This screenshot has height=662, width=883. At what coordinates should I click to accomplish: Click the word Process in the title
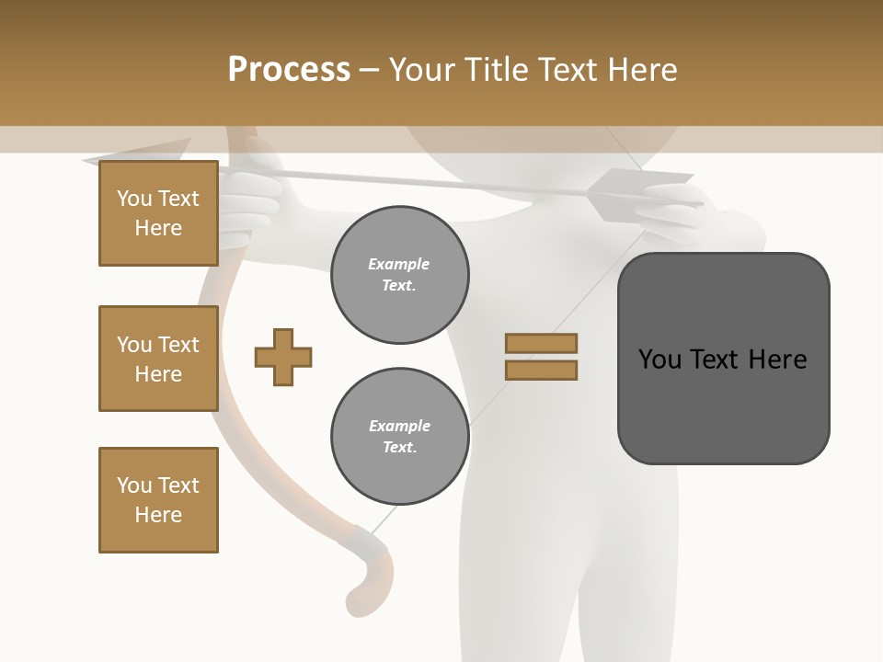pos(289,70)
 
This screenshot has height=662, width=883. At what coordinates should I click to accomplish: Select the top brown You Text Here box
pos(158,213)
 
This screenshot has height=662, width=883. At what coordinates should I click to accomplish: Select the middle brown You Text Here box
pos(158,359)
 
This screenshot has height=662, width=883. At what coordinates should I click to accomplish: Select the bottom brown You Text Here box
pos(158,500)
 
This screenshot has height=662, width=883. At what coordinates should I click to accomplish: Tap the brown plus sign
pos(283,357)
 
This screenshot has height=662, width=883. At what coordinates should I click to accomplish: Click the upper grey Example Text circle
pos(399,275)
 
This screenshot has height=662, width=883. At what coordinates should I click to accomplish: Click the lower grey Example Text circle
pos(399,437)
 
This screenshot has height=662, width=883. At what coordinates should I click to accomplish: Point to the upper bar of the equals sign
pos(541,343)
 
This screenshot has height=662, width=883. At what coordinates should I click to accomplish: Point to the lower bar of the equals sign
pos(541,371)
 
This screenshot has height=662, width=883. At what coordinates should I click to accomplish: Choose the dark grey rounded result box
pos(723,359)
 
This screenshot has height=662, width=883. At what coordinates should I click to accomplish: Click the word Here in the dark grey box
pos(777,359)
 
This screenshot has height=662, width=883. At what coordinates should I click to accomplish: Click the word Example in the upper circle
pos(399,264)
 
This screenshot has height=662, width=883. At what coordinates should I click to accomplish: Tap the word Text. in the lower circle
pos(399,448)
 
